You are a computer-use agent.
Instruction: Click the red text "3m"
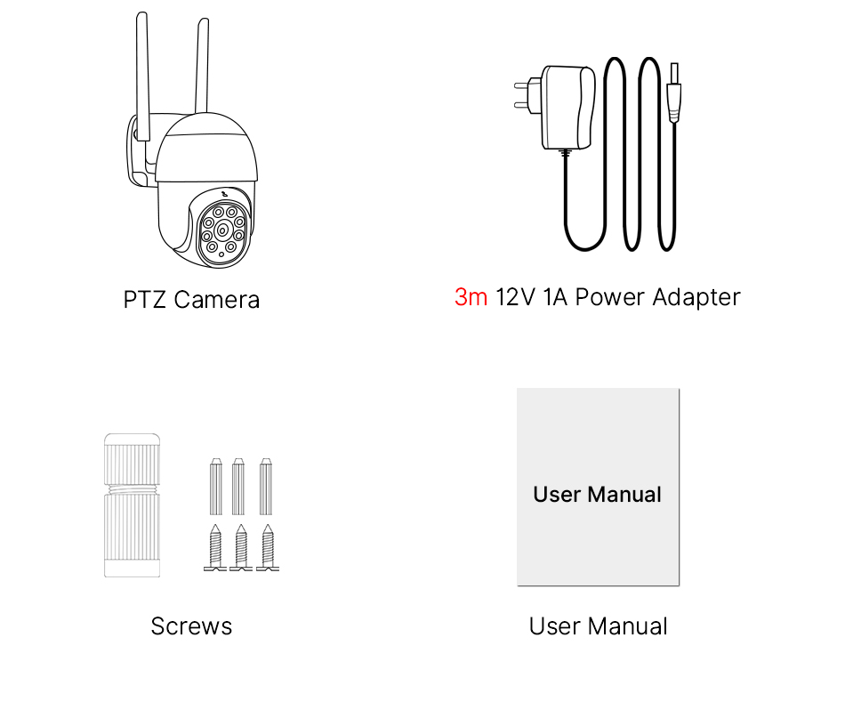471,297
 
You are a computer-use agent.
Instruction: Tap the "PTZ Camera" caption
191,300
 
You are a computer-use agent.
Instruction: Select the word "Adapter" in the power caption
696,297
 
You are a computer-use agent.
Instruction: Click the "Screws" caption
191,626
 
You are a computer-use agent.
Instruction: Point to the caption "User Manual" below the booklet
598,626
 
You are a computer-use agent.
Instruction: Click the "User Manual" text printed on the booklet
597,495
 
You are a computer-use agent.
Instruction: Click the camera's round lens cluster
222,230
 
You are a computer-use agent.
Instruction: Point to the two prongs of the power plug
522,95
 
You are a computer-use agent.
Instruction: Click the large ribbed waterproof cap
132,504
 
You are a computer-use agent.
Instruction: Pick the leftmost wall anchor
215,487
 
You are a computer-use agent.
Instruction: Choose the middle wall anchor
238,487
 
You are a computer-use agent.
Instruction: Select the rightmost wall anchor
266,487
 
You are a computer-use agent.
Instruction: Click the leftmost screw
215,548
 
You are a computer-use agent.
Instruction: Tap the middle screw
240,548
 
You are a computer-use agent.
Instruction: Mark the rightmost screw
267,548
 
